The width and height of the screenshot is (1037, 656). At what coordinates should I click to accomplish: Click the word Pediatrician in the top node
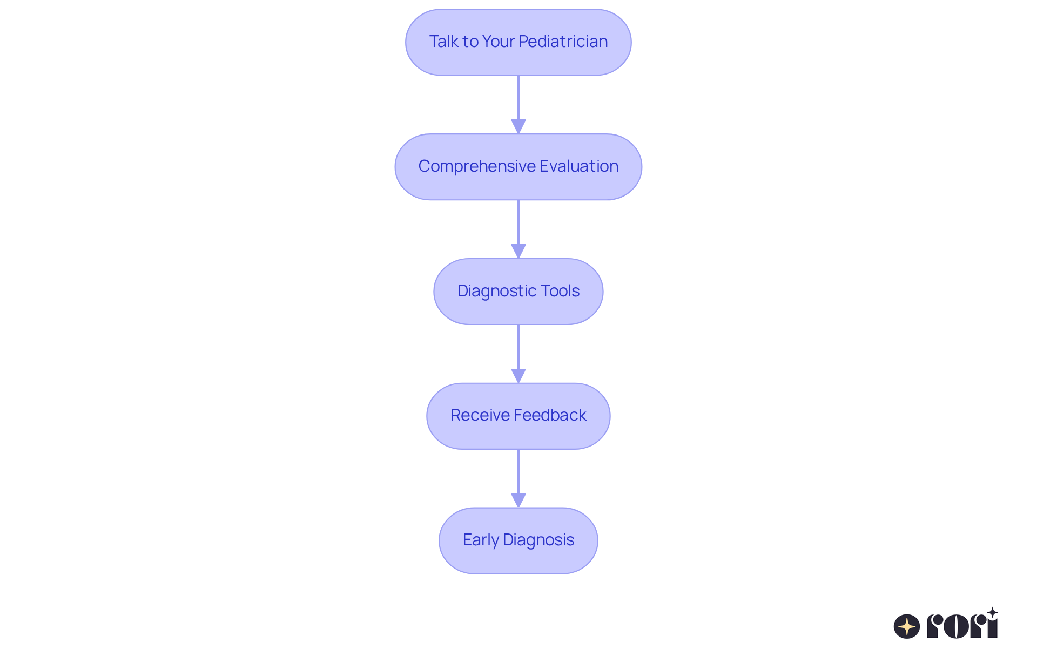click(563, 42)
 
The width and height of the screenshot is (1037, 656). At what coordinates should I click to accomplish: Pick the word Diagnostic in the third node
click(495, 291)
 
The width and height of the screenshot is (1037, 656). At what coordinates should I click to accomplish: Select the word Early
click(480, 540)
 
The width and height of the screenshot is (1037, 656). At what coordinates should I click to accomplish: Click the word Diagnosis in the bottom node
click(538, 540)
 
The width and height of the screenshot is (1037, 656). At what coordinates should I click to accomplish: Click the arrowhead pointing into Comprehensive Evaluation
click(518, 126)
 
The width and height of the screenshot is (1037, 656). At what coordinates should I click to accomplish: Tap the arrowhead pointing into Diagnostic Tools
click(518, 251)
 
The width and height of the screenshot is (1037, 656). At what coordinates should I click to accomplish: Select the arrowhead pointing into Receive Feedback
click(518, 376)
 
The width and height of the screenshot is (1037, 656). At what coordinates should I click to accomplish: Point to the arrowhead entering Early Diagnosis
click(518, 500)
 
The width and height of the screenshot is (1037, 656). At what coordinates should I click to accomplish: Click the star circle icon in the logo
click(907, 626)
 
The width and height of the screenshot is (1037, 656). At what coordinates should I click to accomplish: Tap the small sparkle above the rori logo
click(992, 613)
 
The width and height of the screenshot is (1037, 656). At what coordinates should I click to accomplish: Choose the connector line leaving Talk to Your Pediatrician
click(518, 97)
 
